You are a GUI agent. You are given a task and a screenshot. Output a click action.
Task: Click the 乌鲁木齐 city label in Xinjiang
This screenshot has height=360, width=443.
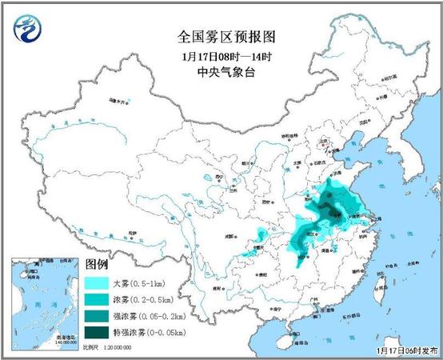pos(118,102)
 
